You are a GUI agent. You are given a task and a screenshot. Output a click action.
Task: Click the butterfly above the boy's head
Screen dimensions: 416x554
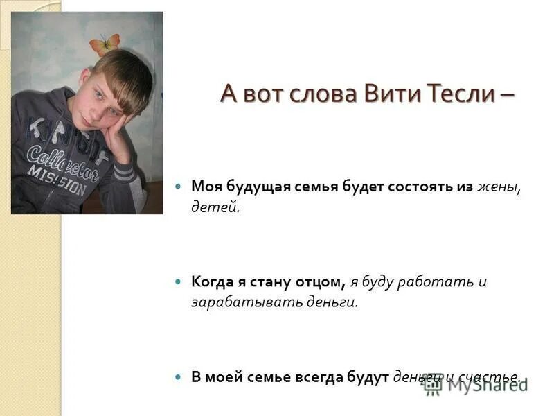coord(105,44)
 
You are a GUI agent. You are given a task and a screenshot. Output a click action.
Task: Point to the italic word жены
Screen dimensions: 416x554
coord(498,187)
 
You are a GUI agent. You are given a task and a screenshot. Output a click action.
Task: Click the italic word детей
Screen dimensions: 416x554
coord(215,207)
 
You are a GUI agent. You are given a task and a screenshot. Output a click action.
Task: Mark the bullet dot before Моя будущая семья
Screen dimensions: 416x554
coord(179,187)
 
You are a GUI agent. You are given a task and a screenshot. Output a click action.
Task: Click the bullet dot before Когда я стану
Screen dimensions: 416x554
coord(179,281)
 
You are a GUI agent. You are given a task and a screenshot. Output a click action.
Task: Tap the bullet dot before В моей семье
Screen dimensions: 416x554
coord(179,377)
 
